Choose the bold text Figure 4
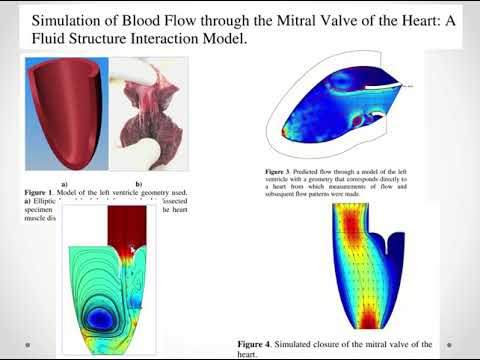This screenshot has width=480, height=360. coord(262,342)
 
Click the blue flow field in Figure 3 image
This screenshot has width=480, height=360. coord(330,110)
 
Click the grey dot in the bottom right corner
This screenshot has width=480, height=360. coord(459,341)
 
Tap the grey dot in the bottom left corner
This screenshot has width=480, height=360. coord(22,341)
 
